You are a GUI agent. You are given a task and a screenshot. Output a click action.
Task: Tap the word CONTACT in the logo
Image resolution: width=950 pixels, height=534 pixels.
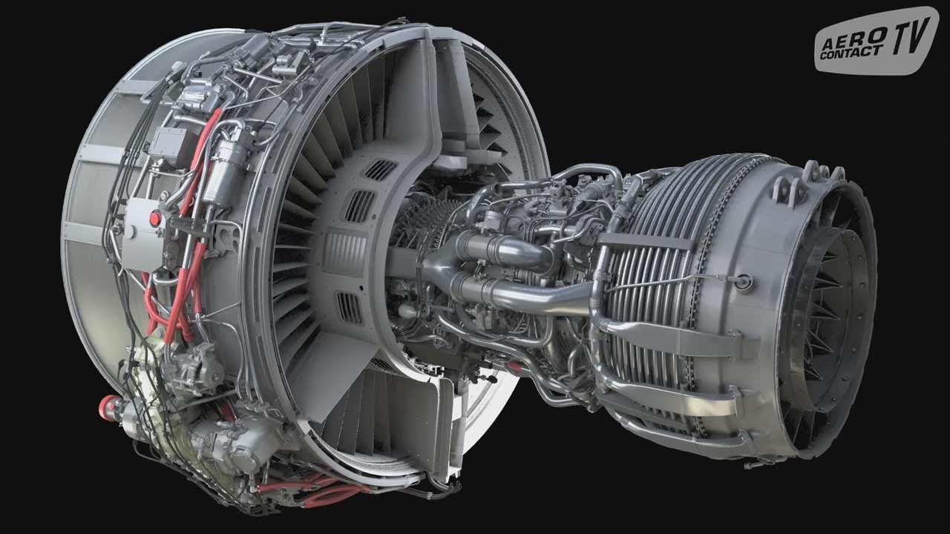(851, 52)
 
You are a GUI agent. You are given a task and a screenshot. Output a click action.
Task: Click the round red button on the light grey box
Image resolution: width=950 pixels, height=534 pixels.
(155, 218)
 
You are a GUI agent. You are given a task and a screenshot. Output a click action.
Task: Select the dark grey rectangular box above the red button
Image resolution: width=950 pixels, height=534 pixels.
(168, 145)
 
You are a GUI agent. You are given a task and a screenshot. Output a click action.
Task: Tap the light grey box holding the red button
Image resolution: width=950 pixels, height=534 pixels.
(143, 234)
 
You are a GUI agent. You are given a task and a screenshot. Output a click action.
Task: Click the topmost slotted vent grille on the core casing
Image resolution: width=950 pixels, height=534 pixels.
(380, 170)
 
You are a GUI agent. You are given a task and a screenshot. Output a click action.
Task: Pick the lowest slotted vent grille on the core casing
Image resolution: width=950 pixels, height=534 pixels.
(350, 308)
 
